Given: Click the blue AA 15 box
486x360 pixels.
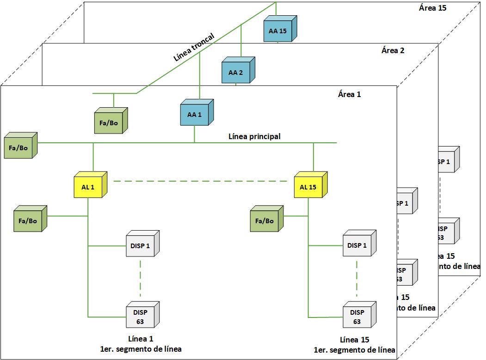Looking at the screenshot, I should pyautogui.click(x=278, y=31).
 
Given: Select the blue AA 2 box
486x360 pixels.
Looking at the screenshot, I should pyautogui.click(x=236, y=72).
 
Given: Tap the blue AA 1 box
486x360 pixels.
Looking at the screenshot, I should pyautogui.click(x=194, y=115).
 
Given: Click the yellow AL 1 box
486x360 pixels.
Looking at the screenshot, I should pyautogui.click(x=88, y=187).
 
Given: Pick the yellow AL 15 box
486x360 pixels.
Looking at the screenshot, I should pyautogui.click(x=308, y=187).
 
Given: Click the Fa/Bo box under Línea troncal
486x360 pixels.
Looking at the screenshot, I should pyautogui.click(x=109, y=123).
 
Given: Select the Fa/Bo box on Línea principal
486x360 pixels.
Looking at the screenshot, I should pyautogui.click(x=18, y=148).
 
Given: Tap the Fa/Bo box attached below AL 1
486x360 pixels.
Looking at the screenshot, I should pyautogui.click(x=28, y=221).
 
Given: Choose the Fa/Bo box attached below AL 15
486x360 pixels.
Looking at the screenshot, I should pyautogui.click(x=265, y=221).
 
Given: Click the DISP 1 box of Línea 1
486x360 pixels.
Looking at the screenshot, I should pyautogui.click(x=140, y=246).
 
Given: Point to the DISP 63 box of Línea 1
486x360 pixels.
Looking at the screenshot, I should pyautogui.click(x=140, y=317).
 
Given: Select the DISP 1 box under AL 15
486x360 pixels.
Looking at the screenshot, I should pyautogui.click(x=357, y=246).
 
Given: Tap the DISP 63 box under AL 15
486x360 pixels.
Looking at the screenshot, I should pyautogui.click(x=357, y=317).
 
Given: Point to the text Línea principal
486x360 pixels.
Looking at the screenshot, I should pyautogui.click(x=254, y=136).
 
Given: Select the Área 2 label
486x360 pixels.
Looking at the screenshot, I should pyautogui.click(x=393, y=50).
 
